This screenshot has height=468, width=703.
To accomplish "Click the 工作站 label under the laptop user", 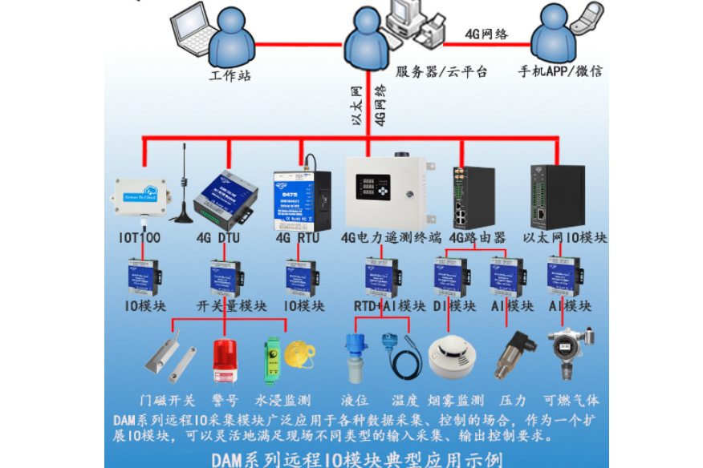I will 230,77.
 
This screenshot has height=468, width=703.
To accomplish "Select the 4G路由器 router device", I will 461,196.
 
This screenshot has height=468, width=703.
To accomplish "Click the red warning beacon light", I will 225,361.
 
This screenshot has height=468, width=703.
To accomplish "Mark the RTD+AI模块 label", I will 389,306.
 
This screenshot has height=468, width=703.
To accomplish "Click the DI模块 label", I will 455,306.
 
